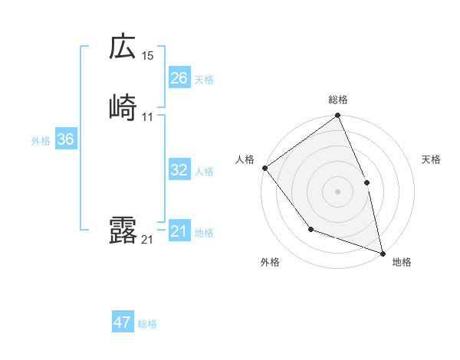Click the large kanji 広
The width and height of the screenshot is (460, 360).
(x=123, y=47)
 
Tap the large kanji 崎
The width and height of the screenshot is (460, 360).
(x=123, y=108)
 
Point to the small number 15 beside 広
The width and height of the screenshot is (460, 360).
(x=148, y=56)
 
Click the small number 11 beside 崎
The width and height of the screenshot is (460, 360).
(x=148, y=117)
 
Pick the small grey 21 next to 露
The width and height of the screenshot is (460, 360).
(x=147, y=240)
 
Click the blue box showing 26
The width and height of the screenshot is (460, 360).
(x=179, y=78)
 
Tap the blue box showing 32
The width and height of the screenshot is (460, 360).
(x=179, y=170)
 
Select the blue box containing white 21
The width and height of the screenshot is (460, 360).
(x=179, y=231)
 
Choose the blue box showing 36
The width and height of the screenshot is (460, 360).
(x=66, y=140)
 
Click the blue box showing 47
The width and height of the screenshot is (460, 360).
(x=123, y=322)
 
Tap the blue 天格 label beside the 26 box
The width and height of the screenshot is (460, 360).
(x=204, y=80)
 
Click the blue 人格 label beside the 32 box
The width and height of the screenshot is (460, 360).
(x=204, y=172)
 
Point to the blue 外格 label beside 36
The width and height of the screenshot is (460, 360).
(x=41, y=141)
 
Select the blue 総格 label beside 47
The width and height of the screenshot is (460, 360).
(x=147, y=324)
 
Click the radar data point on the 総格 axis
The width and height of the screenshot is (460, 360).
(x=337, y=116)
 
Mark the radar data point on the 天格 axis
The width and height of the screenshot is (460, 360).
(x=366, y=182)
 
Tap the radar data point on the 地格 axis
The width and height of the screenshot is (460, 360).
(x=383, y=253)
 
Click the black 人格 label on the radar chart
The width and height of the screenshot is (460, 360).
(x=245, y=159)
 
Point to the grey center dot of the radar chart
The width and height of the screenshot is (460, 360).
(x=337, y=191)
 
